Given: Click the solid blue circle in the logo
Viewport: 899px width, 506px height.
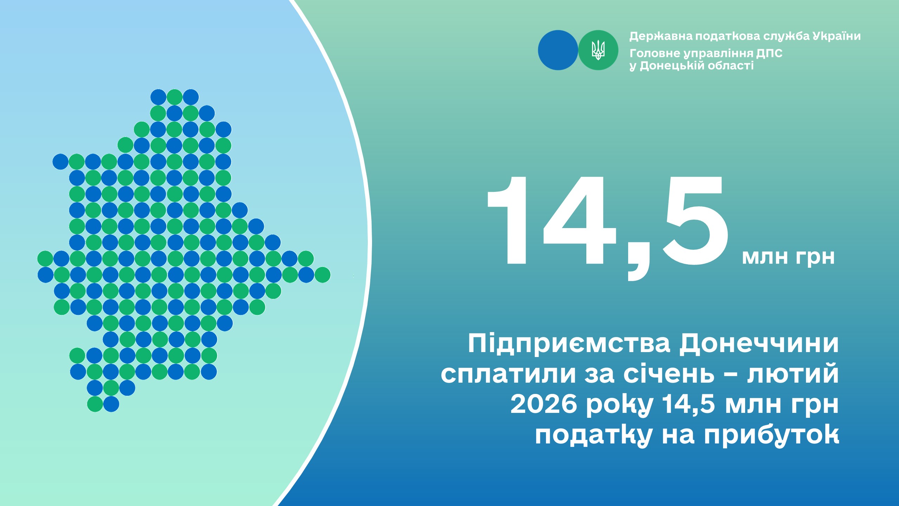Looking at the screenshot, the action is [558, 50].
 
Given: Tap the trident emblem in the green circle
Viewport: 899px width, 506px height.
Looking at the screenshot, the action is [598, 50].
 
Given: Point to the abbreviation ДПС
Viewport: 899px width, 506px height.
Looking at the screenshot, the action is [769, 53].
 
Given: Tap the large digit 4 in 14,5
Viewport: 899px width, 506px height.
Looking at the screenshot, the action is [580, 220].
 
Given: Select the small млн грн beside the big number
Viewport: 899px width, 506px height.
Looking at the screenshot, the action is [788, 257].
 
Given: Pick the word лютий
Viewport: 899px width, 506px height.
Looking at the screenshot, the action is [793, 374].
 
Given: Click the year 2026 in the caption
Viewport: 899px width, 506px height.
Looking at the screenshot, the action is [544, 404].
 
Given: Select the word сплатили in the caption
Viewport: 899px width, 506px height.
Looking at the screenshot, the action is [508, 374].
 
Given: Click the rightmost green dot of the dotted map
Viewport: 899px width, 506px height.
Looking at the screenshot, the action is [323, 275].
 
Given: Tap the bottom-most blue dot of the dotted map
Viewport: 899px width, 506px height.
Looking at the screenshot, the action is [111, 404].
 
